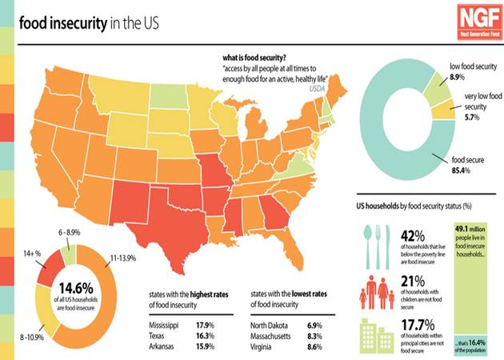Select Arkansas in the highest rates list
coord(166,348)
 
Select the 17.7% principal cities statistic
coord(415,326)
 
